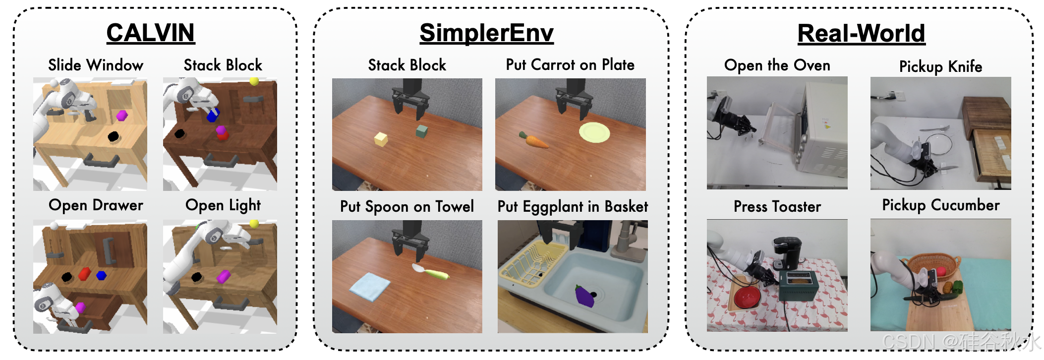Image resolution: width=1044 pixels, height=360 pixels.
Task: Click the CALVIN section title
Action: [x=151, y=33]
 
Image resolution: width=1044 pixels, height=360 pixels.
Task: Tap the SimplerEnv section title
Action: [x=486, y=33]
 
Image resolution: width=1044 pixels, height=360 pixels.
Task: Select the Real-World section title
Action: [x=861, y=34]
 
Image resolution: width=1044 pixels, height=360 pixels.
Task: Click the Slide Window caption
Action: [x=96, y=65]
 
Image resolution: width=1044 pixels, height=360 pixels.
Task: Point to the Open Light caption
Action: [x=223, y=205]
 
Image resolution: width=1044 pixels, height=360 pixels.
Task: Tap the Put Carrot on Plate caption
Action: [x=570, y=65]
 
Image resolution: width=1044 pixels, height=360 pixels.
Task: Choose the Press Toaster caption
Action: [x=777, y=206]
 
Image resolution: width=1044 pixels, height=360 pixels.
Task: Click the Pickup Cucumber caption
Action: [x=941, y=205]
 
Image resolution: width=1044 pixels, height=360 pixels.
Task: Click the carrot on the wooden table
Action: [x=533, y=140]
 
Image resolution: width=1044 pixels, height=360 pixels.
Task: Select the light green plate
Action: [x=594, y=132]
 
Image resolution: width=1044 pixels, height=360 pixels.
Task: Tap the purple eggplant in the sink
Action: [x=585, y=296]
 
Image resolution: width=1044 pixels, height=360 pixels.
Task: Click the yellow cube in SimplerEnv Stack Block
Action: [x=381, y=139]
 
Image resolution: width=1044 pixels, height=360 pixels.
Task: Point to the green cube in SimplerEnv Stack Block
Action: [x=421, y=131]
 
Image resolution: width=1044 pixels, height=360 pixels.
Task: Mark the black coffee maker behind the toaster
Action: [x=787, y=253]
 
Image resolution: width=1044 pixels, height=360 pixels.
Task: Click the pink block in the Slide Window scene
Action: [x=122, y=116]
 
